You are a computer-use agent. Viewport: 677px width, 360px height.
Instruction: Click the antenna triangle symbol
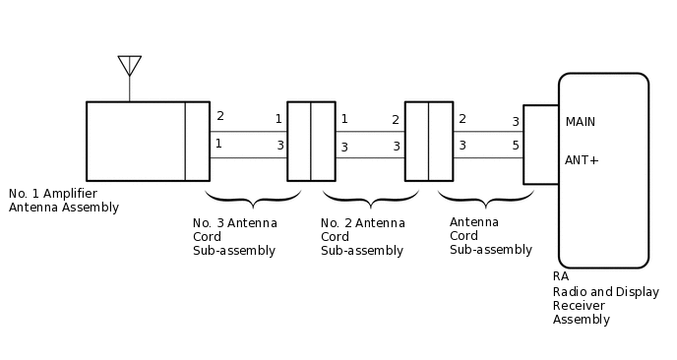tap(130, 65)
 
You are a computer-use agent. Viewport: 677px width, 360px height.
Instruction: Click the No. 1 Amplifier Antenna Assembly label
tap(63, 200)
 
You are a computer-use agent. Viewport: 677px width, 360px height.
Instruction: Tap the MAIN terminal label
tap(581, 122)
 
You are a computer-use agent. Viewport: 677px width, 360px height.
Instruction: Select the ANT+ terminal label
tap(582, 159)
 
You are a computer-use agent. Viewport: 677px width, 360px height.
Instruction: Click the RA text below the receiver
tap(561, 276)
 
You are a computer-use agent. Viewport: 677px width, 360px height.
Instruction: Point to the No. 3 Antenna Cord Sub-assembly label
tap(234, 236)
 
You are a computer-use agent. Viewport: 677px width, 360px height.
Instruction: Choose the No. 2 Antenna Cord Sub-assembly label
tap(362, 236)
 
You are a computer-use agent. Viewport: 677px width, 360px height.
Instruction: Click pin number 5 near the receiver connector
tap(516, 146)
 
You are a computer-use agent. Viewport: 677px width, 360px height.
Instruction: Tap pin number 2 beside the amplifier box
tap(219, 116)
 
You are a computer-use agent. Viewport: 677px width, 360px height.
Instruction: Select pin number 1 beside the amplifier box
tap(218, 144)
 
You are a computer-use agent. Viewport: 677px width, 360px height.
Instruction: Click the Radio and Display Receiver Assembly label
tap(605, 305)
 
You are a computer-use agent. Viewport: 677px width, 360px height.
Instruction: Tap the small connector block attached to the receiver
tap(540, 144)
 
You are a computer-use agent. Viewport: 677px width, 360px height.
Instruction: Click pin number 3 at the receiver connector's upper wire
tap(516, 122)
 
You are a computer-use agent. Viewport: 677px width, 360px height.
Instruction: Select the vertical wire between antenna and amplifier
tap(130, 89)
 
